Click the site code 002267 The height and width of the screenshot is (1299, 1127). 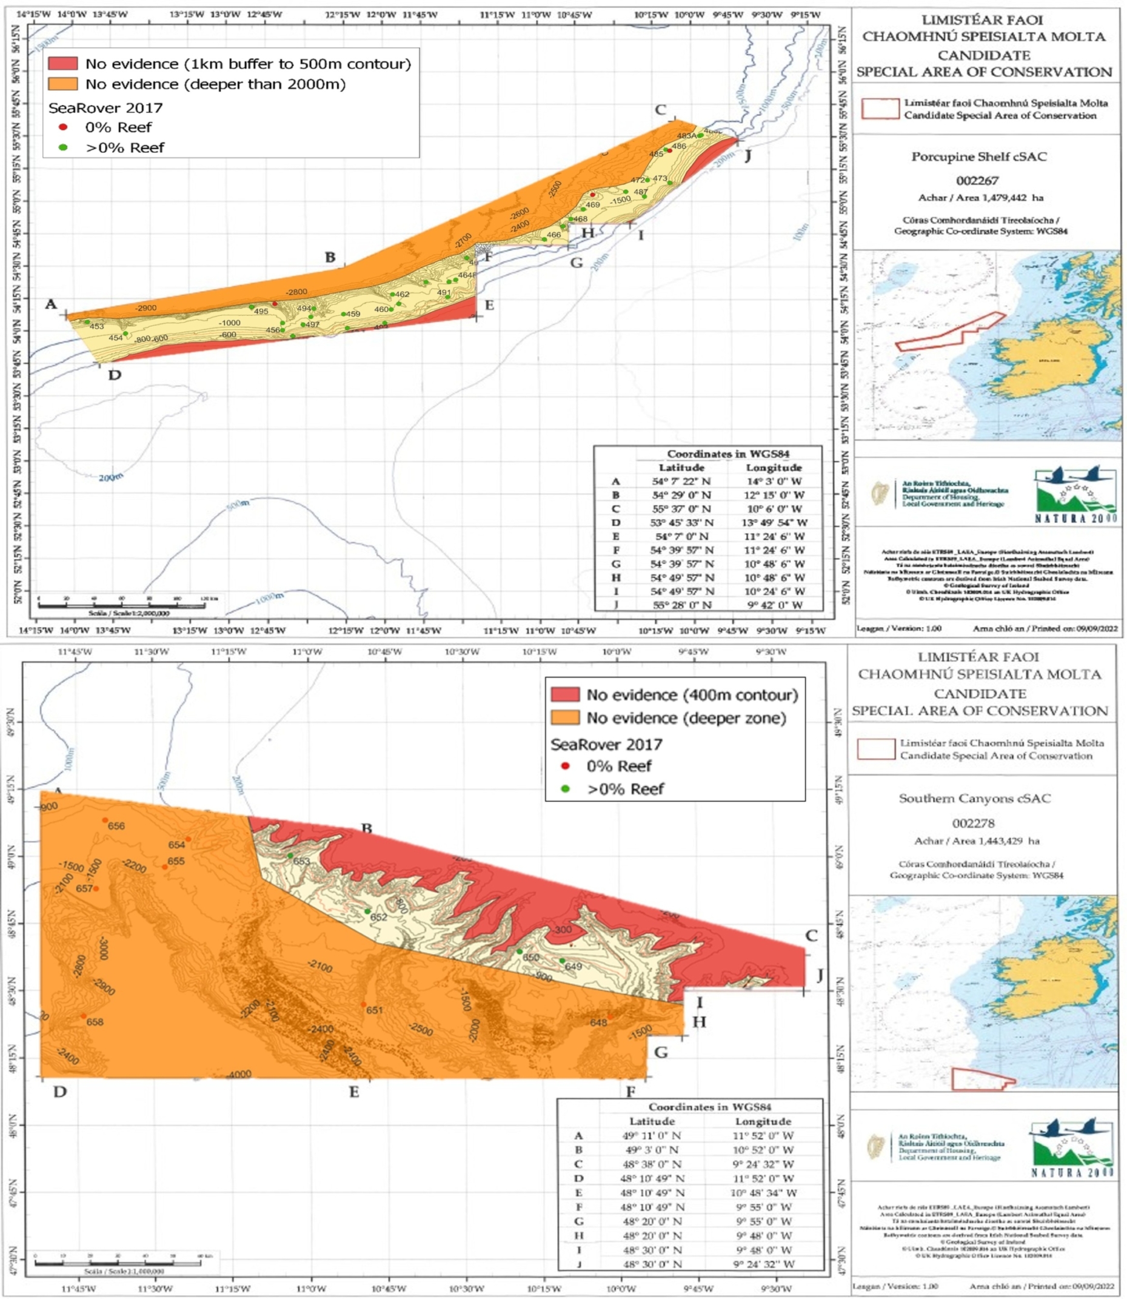(977, 181)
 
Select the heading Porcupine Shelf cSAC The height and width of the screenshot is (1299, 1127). (978, 156)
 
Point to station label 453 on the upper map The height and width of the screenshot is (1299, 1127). (96, 326)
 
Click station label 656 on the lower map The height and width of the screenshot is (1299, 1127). (116, 826)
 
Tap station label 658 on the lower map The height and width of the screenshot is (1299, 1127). (95, 1022)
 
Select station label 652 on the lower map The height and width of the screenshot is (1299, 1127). (379, 917)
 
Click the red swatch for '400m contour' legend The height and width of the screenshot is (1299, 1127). (565, 694)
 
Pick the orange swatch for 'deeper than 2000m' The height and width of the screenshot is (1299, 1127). (63, 84)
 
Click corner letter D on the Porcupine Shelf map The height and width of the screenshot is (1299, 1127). (115, 375)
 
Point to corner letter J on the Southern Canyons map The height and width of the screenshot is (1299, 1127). (820, 976)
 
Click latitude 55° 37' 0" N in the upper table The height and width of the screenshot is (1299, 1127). (681, 509)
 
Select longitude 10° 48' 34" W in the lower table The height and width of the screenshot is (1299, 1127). (763, 1193)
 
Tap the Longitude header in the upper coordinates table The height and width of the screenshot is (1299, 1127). (774, 468)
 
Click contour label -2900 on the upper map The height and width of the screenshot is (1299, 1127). (146, 307)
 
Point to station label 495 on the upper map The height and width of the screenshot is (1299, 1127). (261, 311)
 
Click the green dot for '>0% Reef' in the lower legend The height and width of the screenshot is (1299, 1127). (566, 789)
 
